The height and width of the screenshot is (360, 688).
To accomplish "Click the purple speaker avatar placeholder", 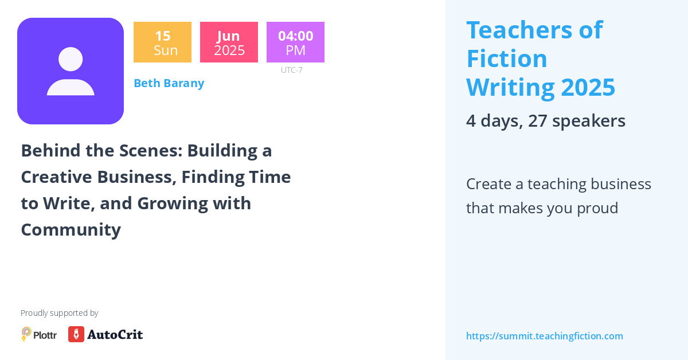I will pyautogui.click(x=71, y=71).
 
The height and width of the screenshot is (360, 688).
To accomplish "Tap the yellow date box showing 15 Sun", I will pyautogui.click(x=162, y=42).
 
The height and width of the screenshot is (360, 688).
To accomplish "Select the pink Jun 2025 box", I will pyautogui.click(x=229, y=42).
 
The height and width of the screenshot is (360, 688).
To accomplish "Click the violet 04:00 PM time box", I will pyautogui.click(x=295, y=42).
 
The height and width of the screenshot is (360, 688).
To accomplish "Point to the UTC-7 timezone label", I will pyautogui.click(x=291, y=70).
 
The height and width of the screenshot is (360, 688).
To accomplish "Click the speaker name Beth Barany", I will pyautogui.click(x=169, y=83).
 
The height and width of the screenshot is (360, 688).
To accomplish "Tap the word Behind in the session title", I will pyautogui.click(x=49, y=150).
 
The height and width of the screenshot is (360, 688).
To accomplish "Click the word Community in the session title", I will pyautogui.click(x=71, y=229).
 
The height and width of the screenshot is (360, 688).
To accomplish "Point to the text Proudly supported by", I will pyautogui.click(x=59, y=313).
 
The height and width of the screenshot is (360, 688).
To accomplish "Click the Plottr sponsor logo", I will pyautogui.click(x=39, y=334).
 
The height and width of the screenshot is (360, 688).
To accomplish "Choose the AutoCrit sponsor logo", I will pyautogui.click(x=105, y=334).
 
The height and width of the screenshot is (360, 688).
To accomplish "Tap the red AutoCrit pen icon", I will pyautogui.click(x=76, y=334).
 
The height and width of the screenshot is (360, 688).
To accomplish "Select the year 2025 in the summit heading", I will pyautogui.click(x=588, y=87).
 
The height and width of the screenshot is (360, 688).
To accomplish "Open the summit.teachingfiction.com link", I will pyautogui.click(x=544, y=336).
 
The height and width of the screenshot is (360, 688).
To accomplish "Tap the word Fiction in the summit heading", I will pyautogui.click(x=507, y=58).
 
